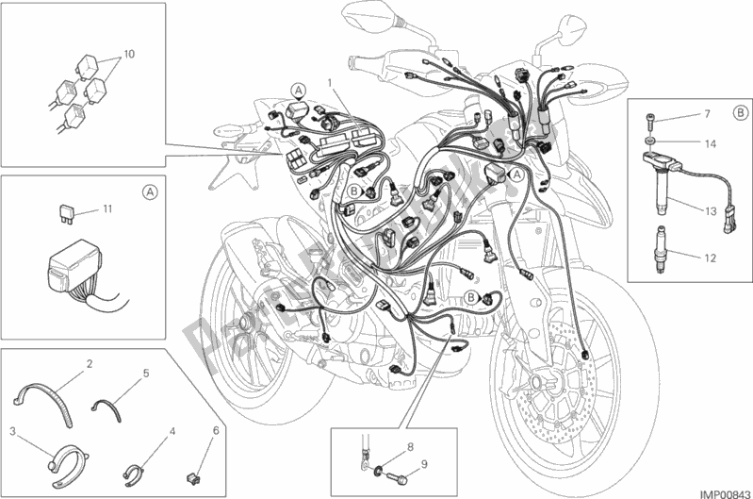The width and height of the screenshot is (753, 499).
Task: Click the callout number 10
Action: pyautogui.click(x=129, y=54)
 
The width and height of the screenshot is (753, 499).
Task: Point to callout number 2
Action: pyautogui.click(x=89, y=362)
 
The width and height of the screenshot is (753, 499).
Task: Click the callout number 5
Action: pyautogui.click(x=146, y=373)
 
